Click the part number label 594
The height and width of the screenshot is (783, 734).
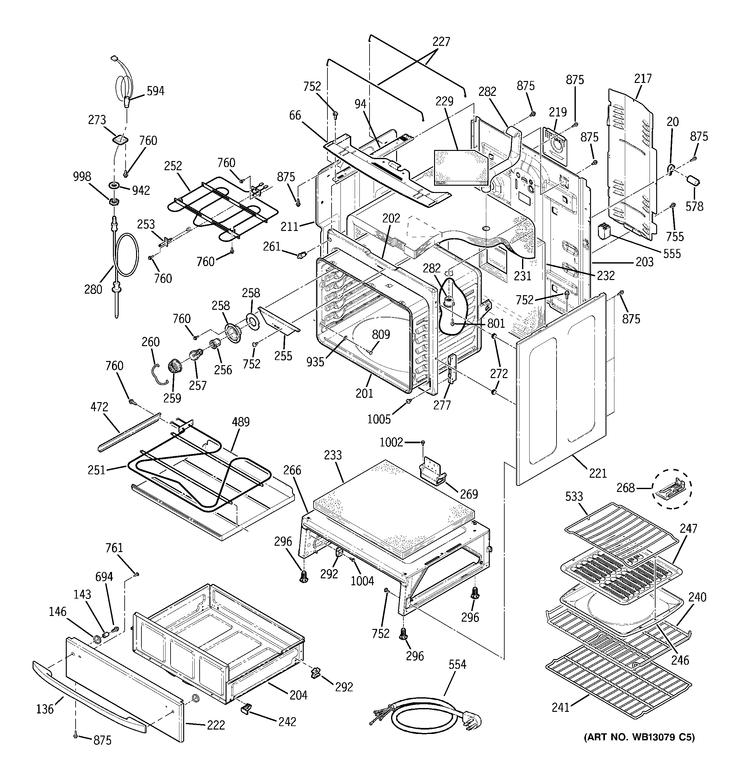click(155, 91)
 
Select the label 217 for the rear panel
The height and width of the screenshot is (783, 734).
click(643, 78)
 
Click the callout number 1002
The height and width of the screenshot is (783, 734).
click(391, 442)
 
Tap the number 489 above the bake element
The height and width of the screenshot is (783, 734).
click(240, 422)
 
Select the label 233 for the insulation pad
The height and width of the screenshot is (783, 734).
click(333, 455)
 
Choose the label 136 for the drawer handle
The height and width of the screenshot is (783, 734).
click(45, 709)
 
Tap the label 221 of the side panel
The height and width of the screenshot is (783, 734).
click(598, 473)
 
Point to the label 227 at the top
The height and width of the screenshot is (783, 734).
click(441, 41)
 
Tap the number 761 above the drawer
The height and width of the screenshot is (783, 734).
click(114, 548)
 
